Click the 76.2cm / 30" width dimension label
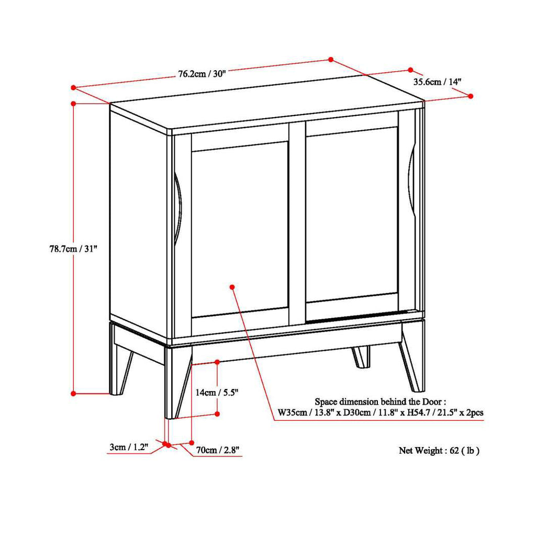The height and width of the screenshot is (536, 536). click(x=202, y=73)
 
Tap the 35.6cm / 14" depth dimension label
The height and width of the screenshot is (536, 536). click(x=437, y=82)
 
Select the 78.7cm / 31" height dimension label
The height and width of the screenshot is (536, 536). click(x=73, y=249)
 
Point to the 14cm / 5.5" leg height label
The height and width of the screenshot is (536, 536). click(x=217, y=393)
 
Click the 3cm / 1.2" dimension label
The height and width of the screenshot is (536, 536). click(x=129, y=447)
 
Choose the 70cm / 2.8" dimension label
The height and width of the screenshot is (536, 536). click(x=217, y=450)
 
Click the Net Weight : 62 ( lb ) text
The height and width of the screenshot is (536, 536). click(x=439, y=451)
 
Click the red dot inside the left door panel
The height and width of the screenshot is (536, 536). click(x=232, y=287)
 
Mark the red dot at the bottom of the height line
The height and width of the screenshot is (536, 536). click(x=73, y=394)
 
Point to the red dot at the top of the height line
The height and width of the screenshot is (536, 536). click(x=73, y=103)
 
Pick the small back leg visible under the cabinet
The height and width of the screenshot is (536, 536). click(x=361, y=356)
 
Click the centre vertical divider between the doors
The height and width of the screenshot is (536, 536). click(x=297, y=224)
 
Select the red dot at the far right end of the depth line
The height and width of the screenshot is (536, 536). click(x=471, y=96)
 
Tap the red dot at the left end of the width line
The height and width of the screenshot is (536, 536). click(x=73, y=87)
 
